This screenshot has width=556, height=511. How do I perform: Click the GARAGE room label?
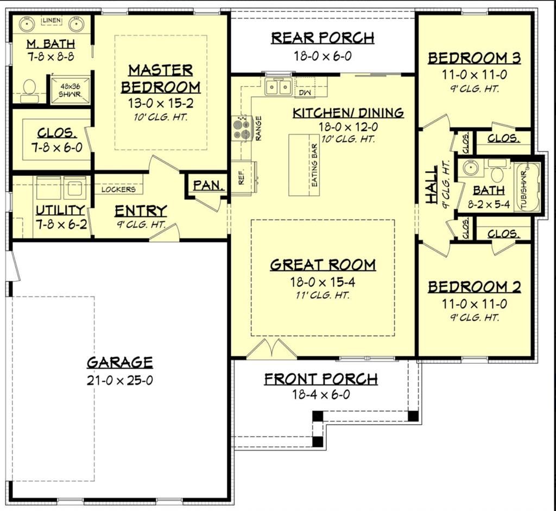pos(119,362)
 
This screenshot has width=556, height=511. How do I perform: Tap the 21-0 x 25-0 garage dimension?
pos(119,380)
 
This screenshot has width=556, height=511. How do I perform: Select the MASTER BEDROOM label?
pos(160,79)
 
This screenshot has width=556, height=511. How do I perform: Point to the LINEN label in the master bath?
pos(52,21)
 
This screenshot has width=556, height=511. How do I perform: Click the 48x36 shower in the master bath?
pos(69,90)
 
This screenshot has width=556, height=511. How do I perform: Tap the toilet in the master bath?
pos(29,90)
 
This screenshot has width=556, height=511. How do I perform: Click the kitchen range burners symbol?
pos(241,128)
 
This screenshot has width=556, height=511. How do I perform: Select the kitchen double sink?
pos(278,87)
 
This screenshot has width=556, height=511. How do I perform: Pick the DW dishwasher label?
pos(304,92)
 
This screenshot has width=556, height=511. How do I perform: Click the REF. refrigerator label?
pos(242,177)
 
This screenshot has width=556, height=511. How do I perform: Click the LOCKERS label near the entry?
pos(118,190)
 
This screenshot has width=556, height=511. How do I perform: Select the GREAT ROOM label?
pos(323,265)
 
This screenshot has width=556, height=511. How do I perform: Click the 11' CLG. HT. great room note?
pos(323,295)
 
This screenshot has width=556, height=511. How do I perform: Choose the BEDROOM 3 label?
pos(474,58)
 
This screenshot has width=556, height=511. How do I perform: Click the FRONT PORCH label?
pos(320,379)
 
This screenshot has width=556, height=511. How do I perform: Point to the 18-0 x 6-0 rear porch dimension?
pos(323,55)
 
